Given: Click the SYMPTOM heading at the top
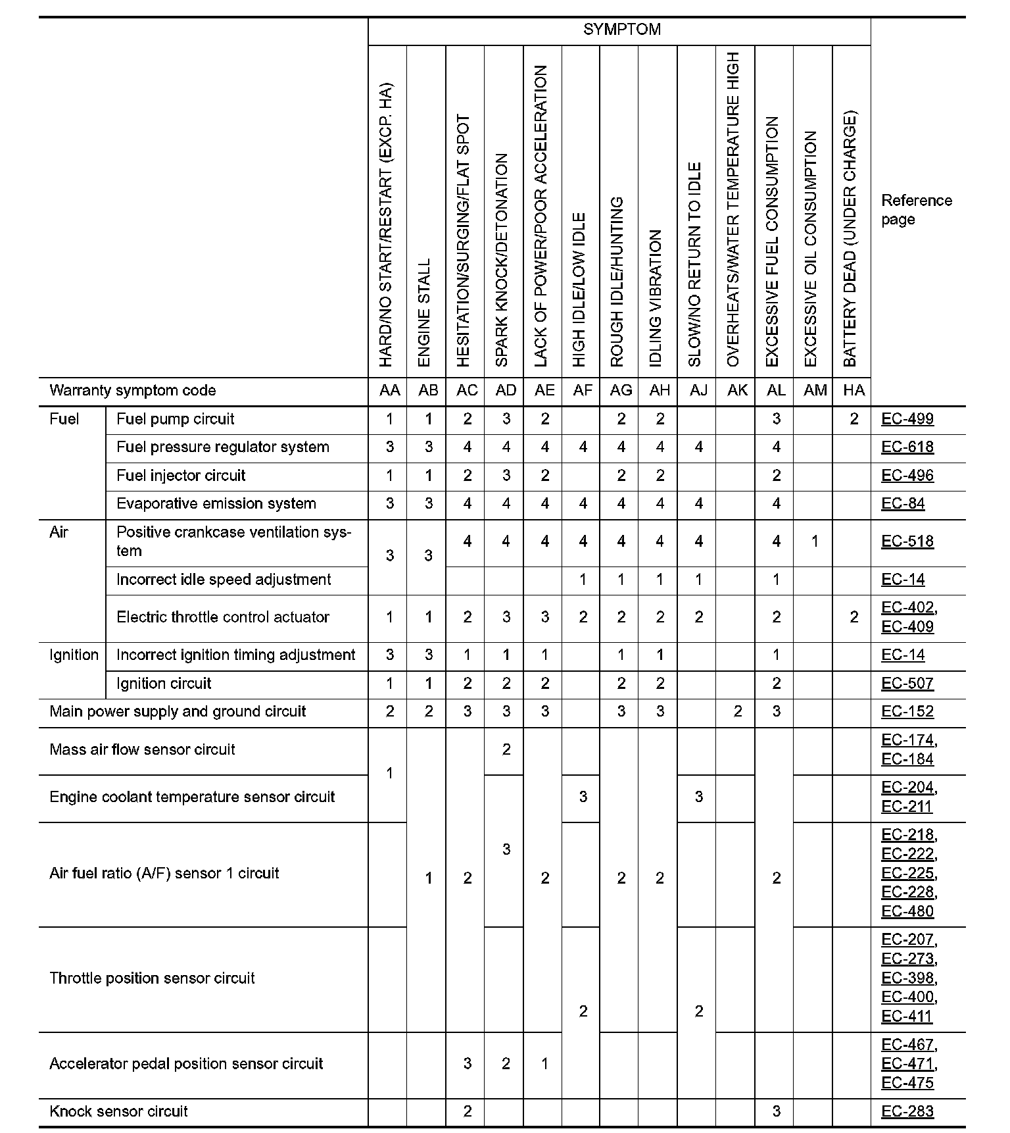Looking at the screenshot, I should [621, 30].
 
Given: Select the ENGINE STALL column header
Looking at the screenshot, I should [425, 312].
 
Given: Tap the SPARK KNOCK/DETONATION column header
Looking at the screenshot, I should [502, 260].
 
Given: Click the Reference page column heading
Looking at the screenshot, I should [916, 210].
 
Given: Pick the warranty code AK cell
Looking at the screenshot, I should [737, 391].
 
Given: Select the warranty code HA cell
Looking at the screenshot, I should [854, 391].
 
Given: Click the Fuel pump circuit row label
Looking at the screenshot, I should [175, 419].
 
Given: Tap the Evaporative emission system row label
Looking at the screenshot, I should [216, 504].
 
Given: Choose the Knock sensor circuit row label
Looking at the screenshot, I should [118, 1112].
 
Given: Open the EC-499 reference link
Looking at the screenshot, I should [907, 419].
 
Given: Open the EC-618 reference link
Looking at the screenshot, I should [907, 447].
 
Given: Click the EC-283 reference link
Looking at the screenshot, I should [907, 1112].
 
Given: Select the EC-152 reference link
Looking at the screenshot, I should [907, 712].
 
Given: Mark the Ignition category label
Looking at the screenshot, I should [74, 655].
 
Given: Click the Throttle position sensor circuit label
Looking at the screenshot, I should [152, 978].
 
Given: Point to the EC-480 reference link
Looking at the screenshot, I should [907, 911].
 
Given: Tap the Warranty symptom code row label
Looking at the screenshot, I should [132, 391].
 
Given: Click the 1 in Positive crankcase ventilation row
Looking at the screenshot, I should [815, 541].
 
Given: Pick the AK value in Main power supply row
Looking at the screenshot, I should [737, 712].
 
